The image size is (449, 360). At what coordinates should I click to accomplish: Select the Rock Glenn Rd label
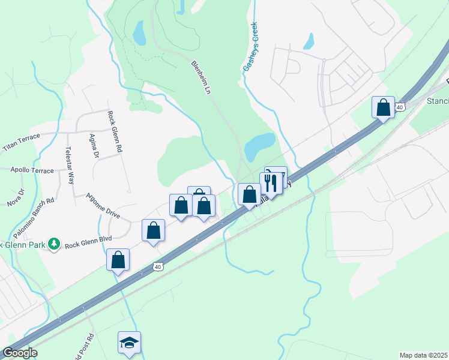pyautogui.click(x=115, y=131)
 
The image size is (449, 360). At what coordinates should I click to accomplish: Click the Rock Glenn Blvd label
pyautogui.click(x=89, y=244)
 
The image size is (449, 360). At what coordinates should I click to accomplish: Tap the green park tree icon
pyautogui.click(x=55, y=244)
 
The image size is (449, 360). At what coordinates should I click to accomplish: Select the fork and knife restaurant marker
pyautogui.click(x=271, y=183)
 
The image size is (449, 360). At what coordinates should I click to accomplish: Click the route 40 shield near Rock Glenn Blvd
pyautogui.click(x=158, y=266)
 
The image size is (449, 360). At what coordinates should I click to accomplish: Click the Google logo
pyautogui.click(x=20, y=353)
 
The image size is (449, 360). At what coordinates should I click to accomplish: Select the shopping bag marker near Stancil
pyautogui.click(x=383, y=107)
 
